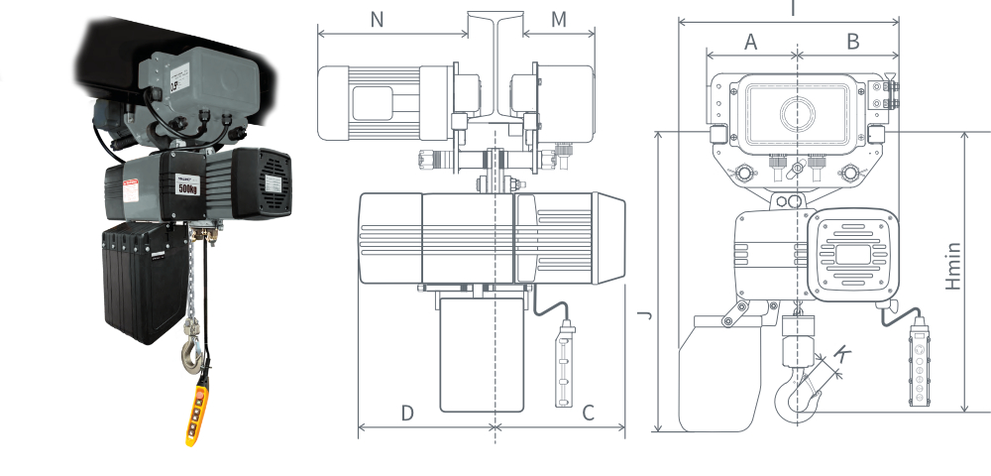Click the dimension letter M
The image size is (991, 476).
coord(559,19)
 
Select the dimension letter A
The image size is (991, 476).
coord(750,42)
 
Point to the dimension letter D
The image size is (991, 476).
coord(407,413)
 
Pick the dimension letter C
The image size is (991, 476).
coord(588,413)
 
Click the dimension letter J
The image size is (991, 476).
coord(643,315)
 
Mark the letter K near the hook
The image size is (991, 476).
coord(843,353)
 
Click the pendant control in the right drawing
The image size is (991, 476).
coord(921,367)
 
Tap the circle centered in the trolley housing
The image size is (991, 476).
coord(798,113)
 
